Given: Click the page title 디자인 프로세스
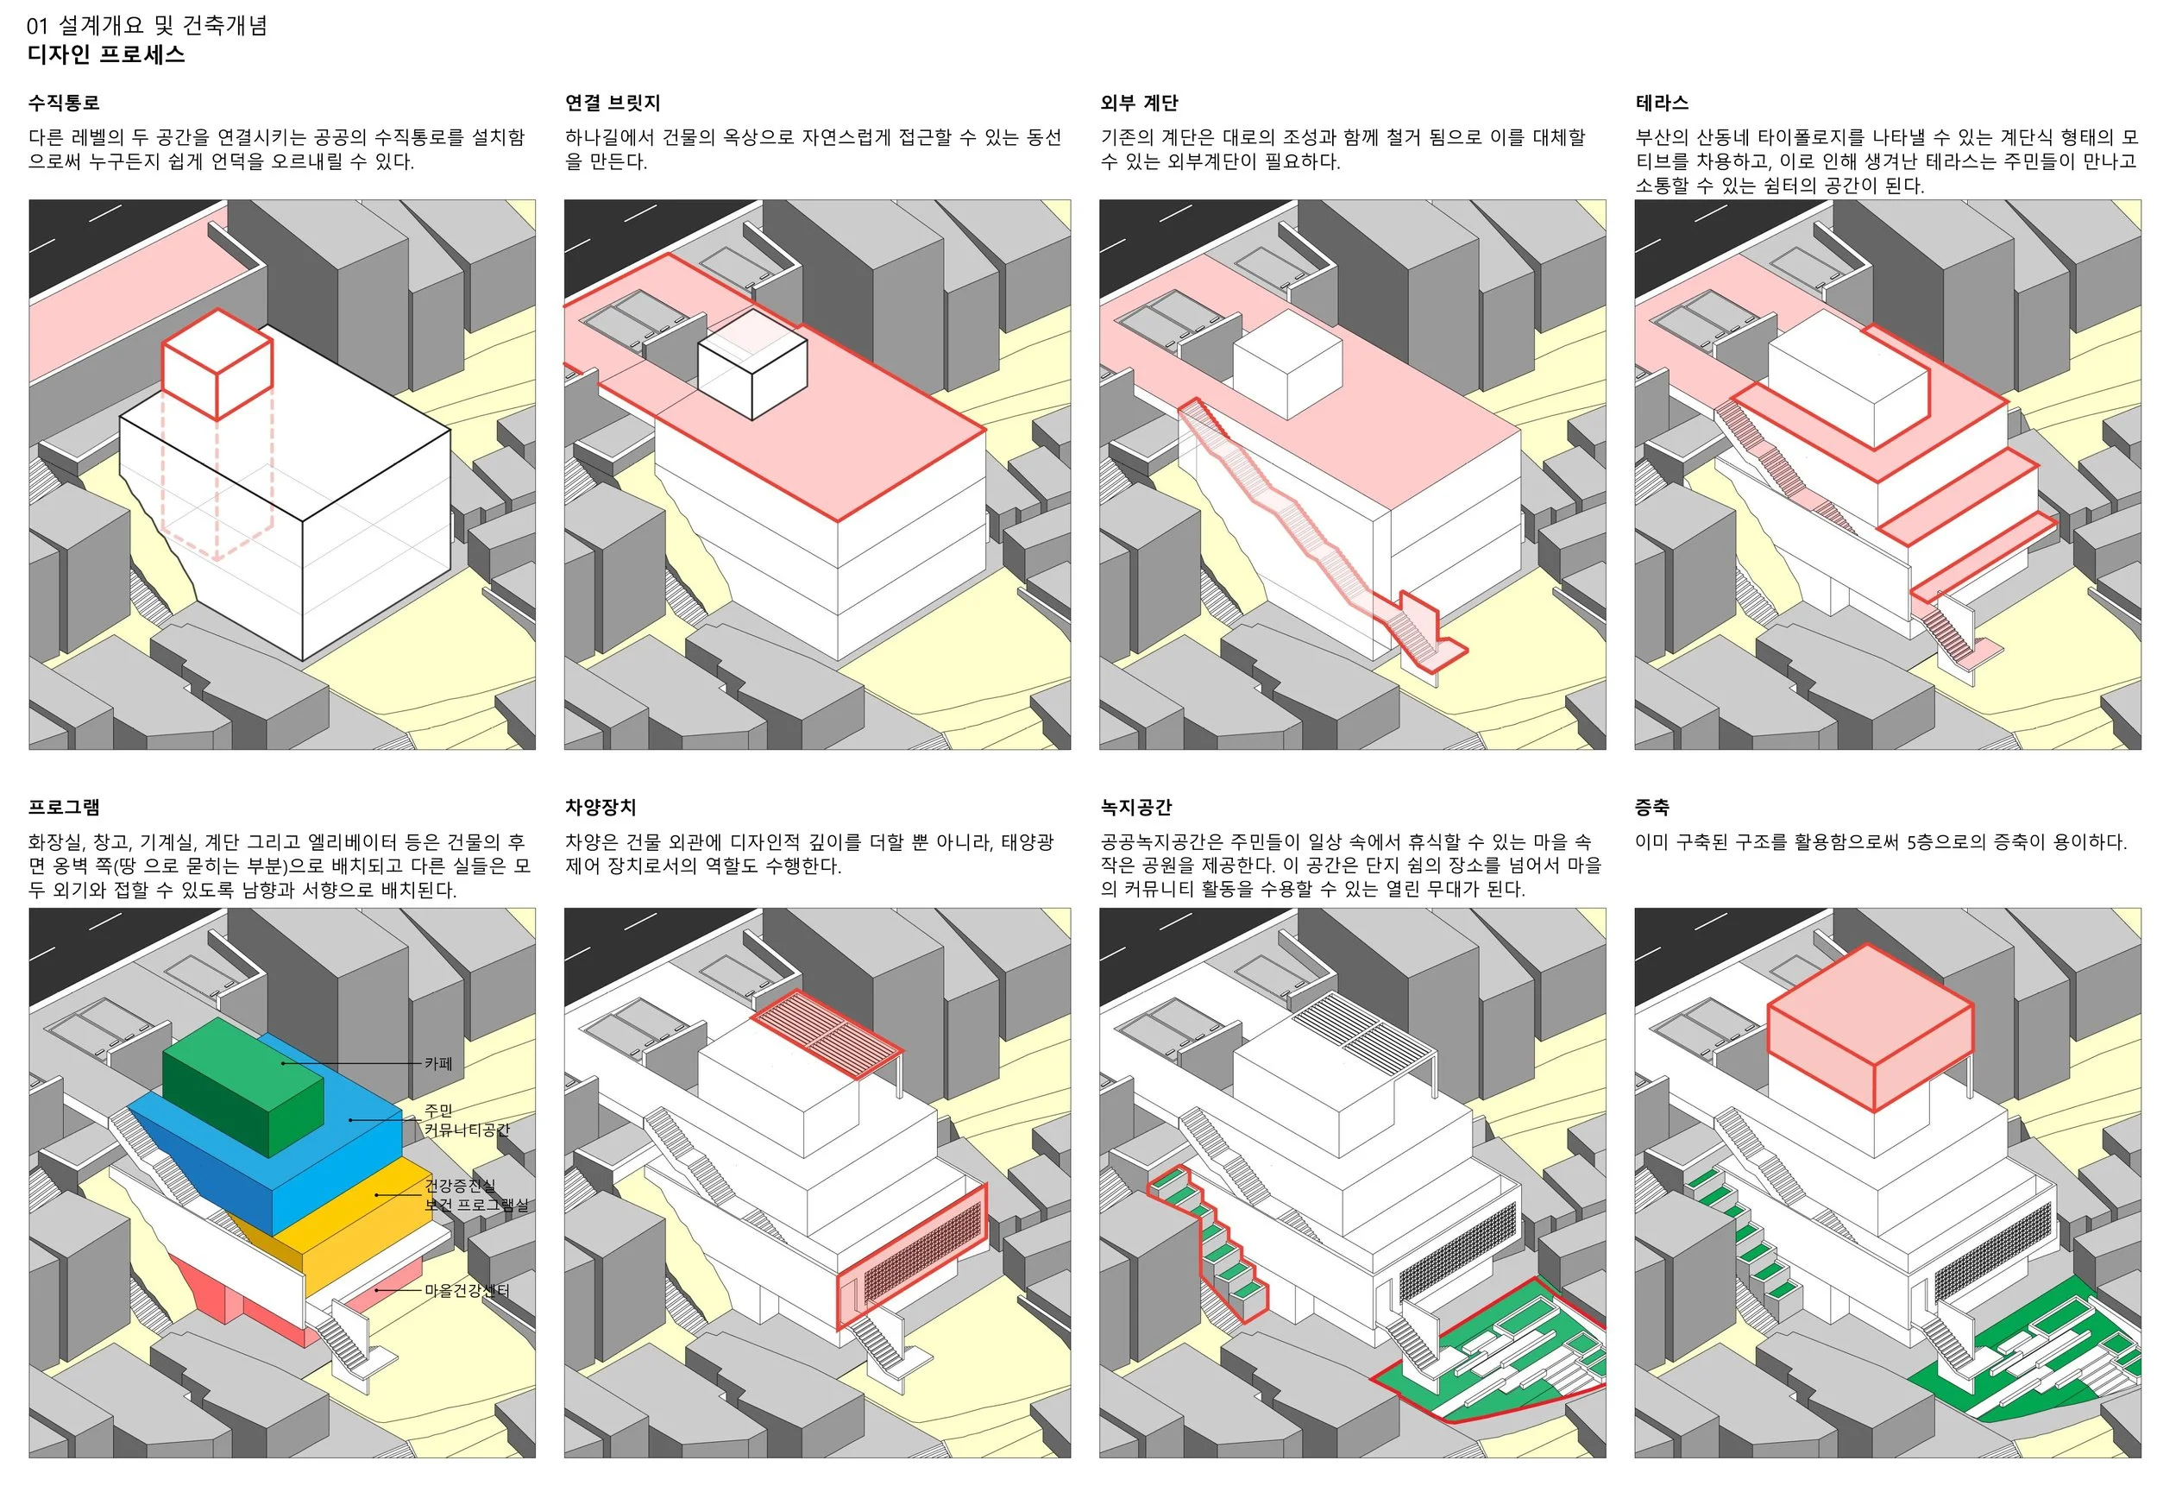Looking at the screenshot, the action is [x=105, y=54].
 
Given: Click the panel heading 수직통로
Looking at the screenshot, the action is [x=64, y=103].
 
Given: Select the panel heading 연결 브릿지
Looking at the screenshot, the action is [x=612, y=103].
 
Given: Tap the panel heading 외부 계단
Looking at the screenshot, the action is [x=1138, y=103].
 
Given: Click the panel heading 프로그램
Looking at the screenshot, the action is [x=64, y=807].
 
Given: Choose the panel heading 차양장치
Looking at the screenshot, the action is [x=600, y=807].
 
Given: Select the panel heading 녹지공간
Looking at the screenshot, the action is [x=1135, y=807].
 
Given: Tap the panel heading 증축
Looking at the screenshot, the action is [x=1651, y=807].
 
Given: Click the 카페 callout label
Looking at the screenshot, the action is [x=438, y=1063].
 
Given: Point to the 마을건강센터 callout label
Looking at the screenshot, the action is [x=467, y=1290].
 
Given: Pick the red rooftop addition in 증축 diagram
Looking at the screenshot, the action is [x=1869, y=1029].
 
